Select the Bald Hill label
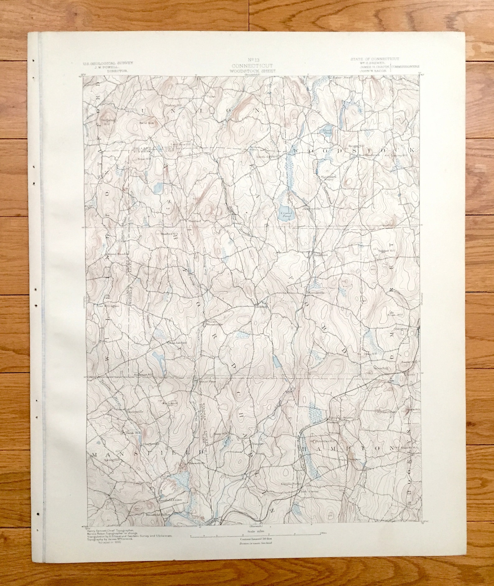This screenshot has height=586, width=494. coord(144,123)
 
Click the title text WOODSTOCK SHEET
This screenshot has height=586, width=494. coord(252,71)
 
